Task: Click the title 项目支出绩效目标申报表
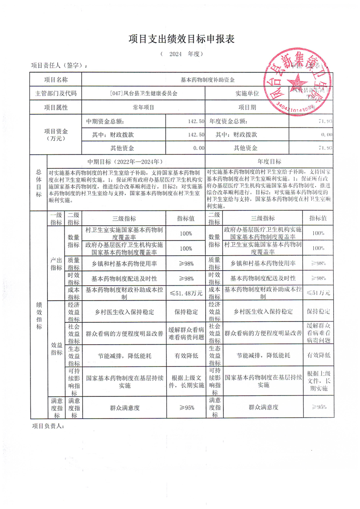pyautogui.click(x=180, y=39)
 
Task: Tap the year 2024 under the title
pyautogui.click(x=175, y=54)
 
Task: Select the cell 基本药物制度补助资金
pyautogui.click(x=207, y=79)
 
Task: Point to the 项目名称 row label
pyautogui.click(x=55, y=79)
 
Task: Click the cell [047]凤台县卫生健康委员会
pyautogui.click(x=143, y=94)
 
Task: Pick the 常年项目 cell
pyautogui.click(x=143, y=108)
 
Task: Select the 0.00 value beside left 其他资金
pyautogui.click(x=198, y=148)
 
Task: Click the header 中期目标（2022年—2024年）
pyautogui.click(x=126, y=162)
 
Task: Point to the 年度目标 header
pyautogui.click(x=269, y=162)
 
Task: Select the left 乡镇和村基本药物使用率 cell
pyautogui.click(x=124, y=263)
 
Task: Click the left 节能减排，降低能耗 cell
pyautogui.click(x=124, y=356)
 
